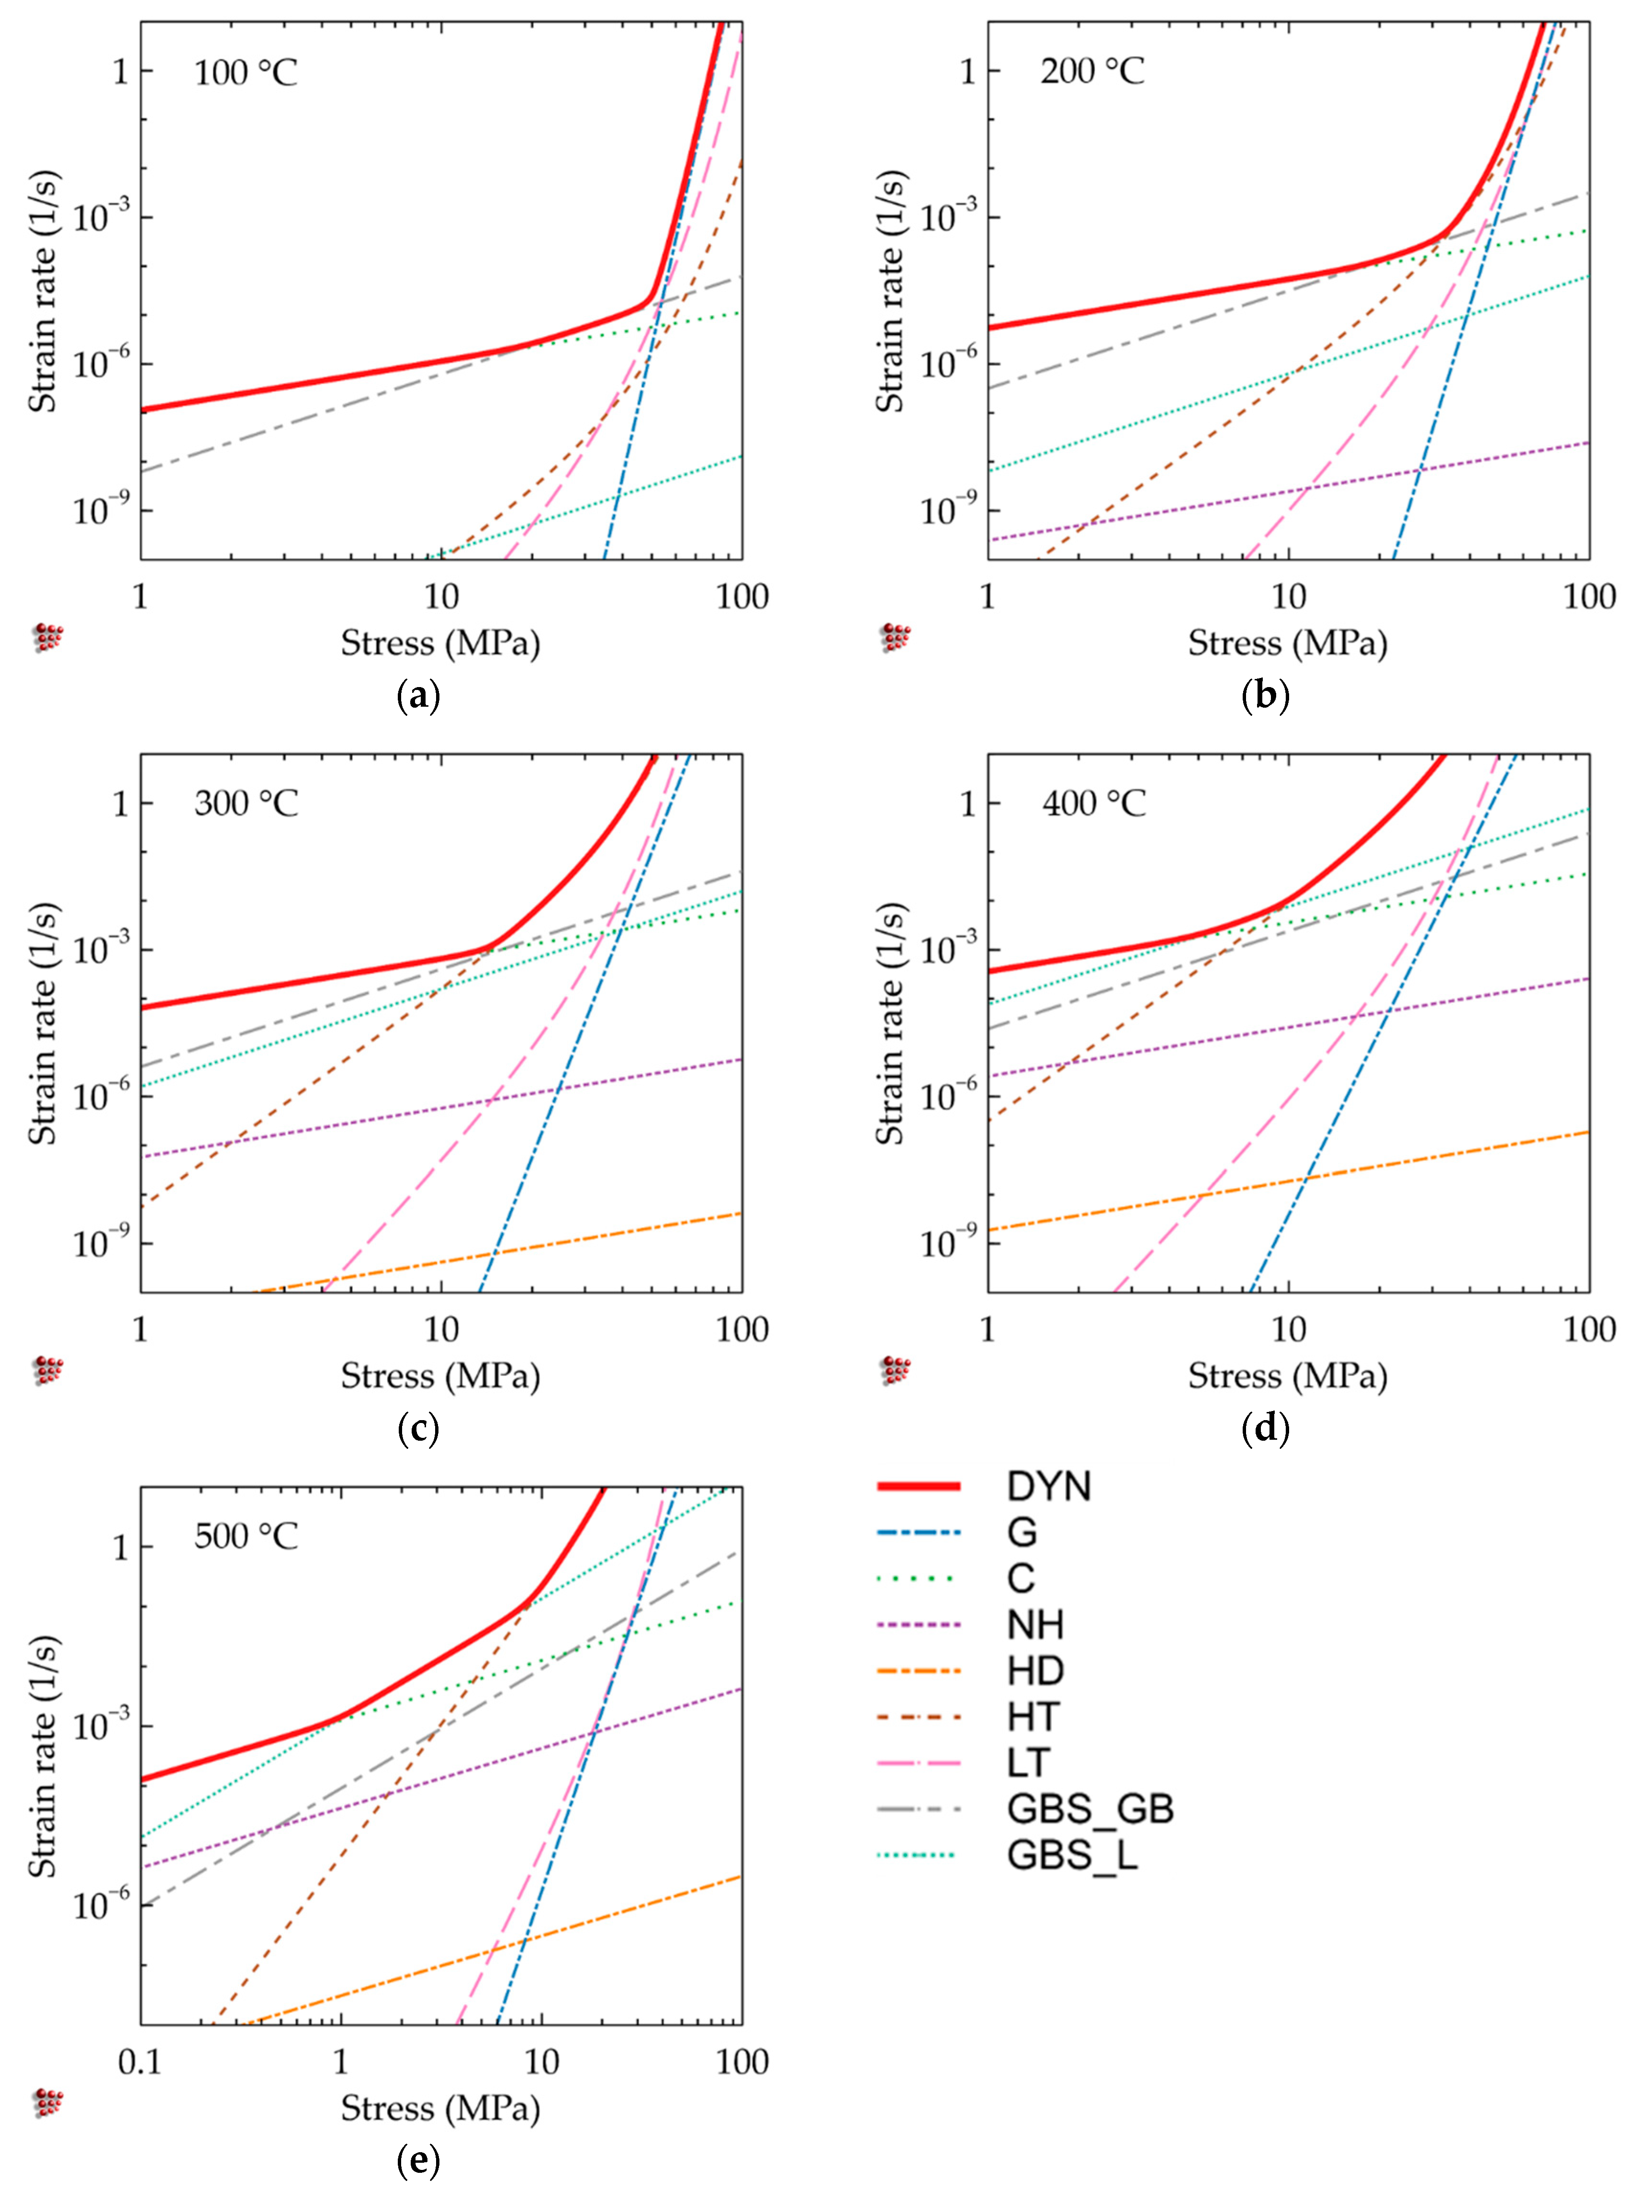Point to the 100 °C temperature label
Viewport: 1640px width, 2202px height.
click(x=245, y=72)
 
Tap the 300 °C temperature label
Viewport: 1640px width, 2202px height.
click(x=245, y=803)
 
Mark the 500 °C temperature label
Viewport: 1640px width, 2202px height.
click(x=245, y=1537)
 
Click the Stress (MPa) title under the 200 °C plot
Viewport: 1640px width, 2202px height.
click(x=1288, y=644)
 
